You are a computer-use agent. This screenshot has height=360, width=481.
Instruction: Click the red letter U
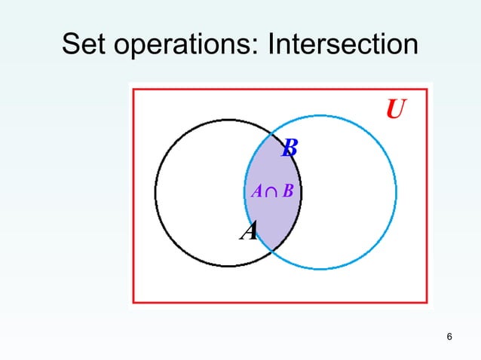click(395, 111)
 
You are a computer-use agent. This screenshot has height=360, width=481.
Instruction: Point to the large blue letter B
click(289, 149)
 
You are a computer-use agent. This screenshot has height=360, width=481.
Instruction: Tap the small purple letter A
click(256, 193)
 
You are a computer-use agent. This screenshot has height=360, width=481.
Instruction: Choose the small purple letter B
click(288, 193)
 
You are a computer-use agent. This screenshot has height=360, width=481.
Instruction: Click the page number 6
click(449, 336)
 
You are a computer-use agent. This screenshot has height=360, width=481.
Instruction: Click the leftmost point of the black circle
click(156, 193)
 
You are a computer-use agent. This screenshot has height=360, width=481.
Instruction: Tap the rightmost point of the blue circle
click(396, 193)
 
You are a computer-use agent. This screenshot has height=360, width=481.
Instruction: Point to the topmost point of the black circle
click(228, 120)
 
